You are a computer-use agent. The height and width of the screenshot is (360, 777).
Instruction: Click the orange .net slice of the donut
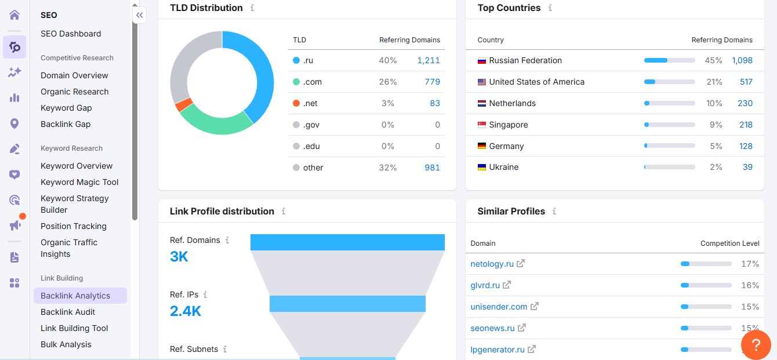pos(184,105)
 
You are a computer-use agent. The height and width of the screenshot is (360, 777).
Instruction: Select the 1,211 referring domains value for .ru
pos(428,60)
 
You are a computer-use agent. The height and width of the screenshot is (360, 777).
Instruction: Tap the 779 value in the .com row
pos(432,82)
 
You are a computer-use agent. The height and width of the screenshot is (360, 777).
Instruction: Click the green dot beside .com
pos(296,82)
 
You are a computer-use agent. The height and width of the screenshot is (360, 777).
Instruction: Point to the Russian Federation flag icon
pos(481,60)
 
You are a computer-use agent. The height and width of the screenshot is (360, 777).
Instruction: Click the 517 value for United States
pos(746,82)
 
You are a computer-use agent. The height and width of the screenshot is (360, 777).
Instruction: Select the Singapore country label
pos(508,125)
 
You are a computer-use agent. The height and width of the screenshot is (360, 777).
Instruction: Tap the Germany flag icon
pos(481,146)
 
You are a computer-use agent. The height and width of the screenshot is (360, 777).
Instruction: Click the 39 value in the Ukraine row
pos(747,167)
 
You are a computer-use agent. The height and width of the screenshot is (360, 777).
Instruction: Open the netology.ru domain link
pos(492,264)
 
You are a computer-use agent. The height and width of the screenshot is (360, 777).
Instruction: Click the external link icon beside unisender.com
pos(535,306)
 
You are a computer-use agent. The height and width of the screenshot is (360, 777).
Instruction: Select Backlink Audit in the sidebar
pos(68,312)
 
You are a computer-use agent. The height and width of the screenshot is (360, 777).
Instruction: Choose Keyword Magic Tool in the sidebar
pos(79,182)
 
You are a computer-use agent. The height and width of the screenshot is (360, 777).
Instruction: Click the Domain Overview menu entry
pos(74,75)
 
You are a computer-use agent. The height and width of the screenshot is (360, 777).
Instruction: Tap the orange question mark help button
pos(756,345)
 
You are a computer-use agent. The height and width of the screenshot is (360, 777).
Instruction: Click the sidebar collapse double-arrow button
pos(139,15)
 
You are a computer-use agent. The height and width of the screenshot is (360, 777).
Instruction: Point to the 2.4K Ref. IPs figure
pos(186,311)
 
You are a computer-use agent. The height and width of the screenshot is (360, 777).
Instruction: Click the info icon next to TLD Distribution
pos(252,8)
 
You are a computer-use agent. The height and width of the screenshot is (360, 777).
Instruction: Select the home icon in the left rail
pos(14,14)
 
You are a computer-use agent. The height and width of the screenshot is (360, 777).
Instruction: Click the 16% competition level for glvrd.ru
pos(750,285)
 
